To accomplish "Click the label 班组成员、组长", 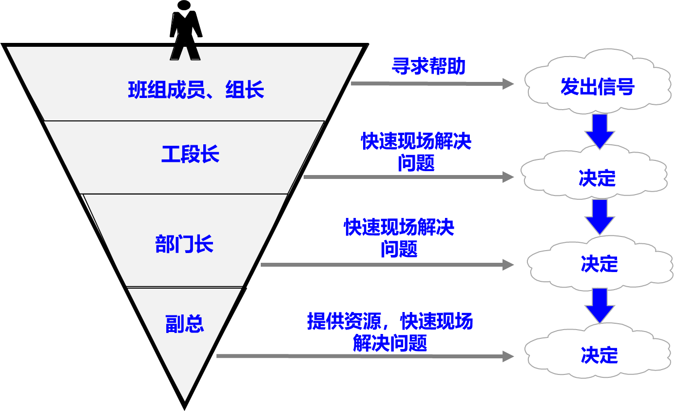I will pos(196,90).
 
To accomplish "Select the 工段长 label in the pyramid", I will pos(190,154).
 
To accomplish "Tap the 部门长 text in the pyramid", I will pos(184,244).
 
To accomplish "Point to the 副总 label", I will pos(184,324).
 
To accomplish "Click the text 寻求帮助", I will pos(428,66).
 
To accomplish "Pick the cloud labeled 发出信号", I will pos(598,87).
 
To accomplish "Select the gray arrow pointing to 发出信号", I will pos(432,84).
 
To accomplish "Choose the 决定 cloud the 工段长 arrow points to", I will pos(597,178).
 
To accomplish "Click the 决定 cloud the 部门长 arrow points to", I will pos(599,264).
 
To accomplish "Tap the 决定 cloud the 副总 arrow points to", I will pos(599,355).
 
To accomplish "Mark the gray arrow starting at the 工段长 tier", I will pos(408,177).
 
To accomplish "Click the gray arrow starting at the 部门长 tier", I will pos(387,265).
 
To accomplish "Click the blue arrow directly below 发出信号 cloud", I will pos(600,131).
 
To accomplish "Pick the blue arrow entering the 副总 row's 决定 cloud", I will pos(600,305).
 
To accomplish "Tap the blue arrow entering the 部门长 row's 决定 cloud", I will pos(600,216).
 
